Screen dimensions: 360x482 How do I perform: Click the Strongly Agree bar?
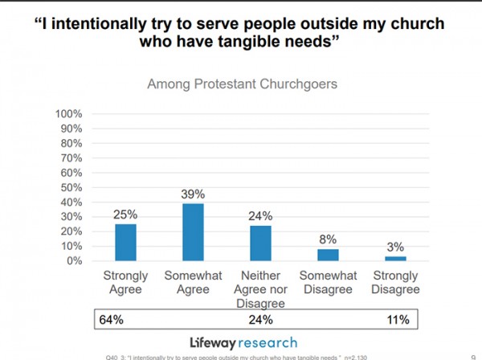[x=125, y=242]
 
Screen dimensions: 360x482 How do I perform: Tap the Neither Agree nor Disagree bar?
[x=261, y=243]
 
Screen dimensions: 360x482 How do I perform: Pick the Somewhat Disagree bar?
[x=329, y=255]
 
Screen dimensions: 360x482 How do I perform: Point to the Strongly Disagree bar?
[x=396, y=258]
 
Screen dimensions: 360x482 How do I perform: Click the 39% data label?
[x=194, y=194]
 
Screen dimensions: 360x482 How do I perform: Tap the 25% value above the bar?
[x=125, y=215]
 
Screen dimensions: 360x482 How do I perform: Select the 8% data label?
[x=329, y=239]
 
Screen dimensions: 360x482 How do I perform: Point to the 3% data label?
[x=396, y=247]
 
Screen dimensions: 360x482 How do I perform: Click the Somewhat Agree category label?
[x=193, y=283]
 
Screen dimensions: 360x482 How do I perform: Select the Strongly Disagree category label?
[x=396, y=283]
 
